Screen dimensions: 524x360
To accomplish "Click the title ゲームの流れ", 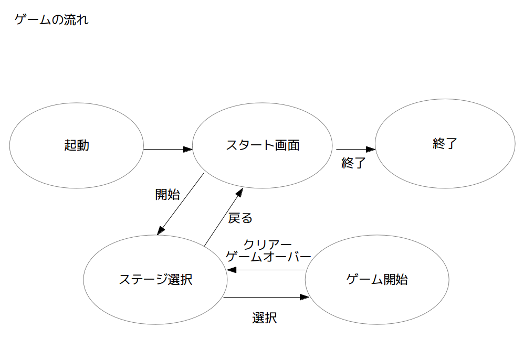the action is [x=51, y=20].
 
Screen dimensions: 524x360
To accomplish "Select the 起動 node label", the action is [x=77, y=145].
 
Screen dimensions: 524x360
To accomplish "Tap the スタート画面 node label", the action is [x=263, y=145].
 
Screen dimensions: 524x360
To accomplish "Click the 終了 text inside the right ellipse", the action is [x=445, y=144].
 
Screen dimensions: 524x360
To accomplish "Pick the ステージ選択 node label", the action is [x=156, y=279].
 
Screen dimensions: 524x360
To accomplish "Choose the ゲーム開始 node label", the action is [x=377, y=279].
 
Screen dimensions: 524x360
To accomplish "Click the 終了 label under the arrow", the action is [x=353, y=163].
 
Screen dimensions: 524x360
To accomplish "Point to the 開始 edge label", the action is [x=167, y=194].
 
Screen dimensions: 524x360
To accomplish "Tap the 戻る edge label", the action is [x=240, y=218].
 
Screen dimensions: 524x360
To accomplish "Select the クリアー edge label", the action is [x=267, y=245].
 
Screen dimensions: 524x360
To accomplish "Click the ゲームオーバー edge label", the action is [x=268, y=257].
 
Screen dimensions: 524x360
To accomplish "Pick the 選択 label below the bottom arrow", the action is [x=264, y=318].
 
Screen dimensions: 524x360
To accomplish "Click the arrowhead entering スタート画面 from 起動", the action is [x=188, y=149].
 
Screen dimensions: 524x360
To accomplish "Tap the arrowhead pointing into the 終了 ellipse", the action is [x=371, y=149].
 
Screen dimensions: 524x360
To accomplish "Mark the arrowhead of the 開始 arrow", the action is [x=161, y=230].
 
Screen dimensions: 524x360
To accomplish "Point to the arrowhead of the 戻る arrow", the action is [x=239, y=193].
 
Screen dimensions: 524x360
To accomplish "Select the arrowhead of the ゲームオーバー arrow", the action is [x=232, y=270].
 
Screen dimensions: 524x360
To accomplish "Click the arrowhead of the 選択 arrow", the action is [x=305, y=297].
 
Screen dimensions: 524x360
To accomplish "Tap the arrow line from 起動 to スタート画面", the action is [x=168, y=149].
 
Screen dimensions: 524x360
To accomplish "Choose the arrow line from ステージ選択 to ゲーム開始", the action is [x=266, y=297].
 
